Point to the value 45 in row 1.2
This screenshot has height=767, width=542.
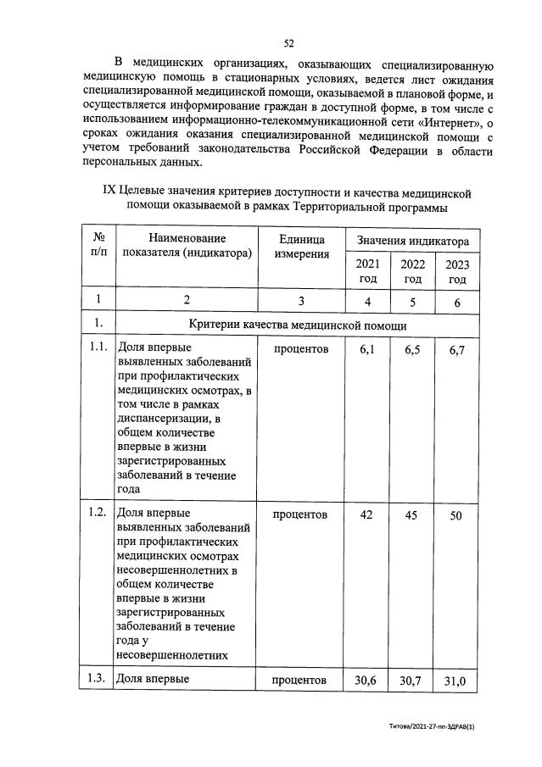click(412, 515)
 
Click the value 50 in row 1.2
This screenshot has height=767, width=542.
click(456, 515)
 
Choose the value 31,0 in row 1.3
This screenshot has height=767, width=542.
click(456, 681)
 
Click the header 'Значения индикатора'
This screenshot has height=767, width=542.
click(412, 242)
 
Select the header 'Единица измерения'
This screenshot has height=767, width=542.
click(302, 247)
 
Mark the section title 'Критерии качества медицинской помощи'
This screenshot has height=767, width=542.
click(298, 325)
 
